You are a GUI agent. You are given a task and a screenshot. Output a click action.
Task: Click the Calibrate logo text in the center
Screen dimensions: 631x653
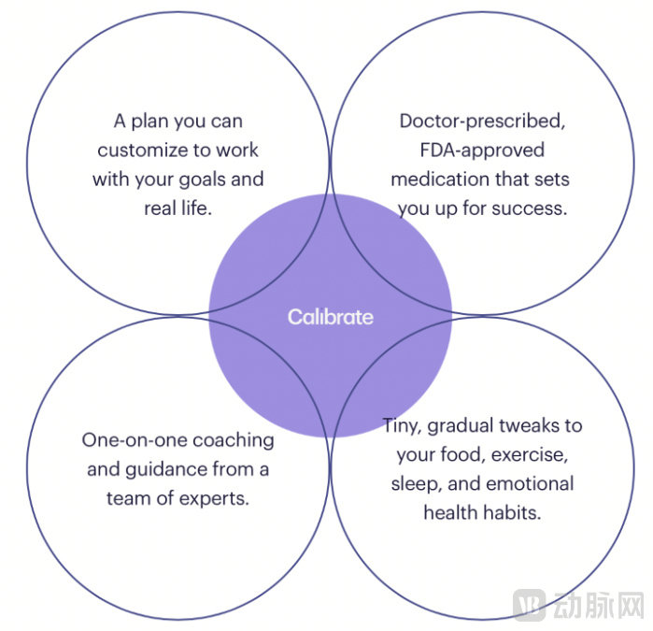[330, 317]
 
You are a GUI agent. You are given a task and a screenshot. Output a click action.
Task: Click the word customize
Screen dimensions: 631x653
[139, 150]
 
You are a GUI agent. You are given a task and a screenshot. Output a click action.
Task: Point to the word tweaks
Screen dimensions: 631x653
[546, 425]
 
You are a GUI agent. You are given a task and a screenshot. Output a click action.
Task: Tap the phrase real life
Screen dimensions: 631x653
[177, 208]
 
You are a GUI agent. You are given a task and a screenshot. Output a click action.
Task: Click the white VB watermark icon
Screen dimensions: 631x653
[531, 604]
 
